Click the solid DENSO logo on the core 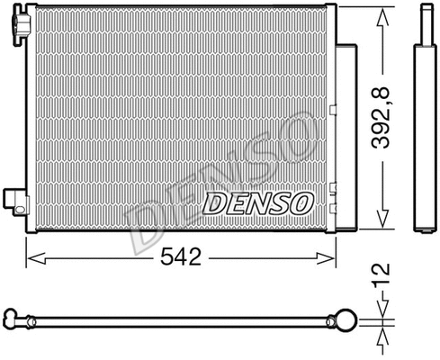click(256, 202)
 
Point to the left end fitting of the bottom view click(13, 319)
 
